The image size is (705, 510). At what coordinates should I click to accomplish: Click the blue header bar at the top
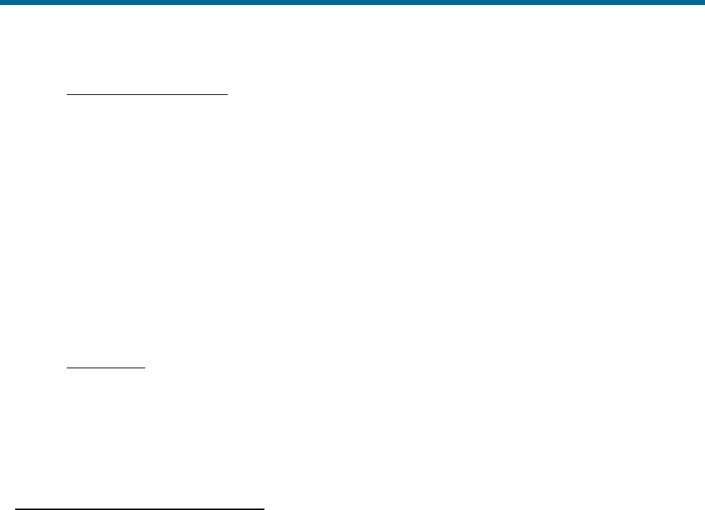click(352, 2)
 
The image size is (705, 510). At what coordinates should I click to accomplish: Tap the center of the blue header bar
click(352, 2)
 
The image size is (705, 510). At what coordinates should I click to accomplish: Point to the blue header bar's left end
click(1, 2)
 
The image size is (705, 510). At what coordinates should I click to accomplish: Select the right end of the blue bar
click(704, 2)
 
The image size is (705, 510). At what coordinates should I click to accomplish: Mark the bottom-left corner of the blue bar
click(0, 4)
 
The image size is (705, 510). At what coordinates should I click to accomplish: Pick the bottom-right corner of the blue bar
click(704, 4)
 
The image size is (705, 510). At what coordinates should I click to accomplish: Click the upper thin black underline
click(147, 94)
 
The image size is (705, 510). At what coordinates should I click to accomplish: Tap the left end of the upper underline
click(67, 94)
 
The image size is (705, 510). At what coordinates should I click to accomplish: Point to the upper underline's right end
click(227, 94)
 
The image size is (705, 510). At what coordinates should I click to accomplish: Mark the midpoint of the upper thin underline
click(147, 94)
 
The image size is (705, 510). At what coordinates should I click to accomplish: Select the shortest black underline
click(106, 368)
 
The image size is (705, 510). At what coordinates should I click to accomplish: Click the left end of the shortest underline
click(67, 368)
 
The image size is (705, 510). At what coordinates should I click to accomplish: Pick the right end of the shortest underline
click(145, 368)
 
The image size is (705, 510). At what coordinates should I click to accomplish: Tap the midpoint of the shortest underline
click(106, 368)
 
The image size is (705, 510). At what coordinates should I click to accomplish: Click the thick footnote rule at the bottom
click(140, 509)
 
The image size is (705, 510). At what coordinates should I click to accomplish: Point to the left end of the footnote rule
click(16, 509)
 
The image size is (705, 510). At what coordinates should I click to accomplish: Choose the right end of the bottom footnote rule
click(265, 509)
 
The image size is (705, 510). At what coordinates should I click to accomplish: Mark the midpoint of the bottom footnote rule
click(140, 509)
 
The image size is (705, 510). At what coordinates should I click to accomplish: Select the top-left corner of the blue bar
click(0, 0)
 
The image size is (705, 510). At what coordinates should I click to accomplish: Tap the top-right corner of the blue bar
click(704, 0)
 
